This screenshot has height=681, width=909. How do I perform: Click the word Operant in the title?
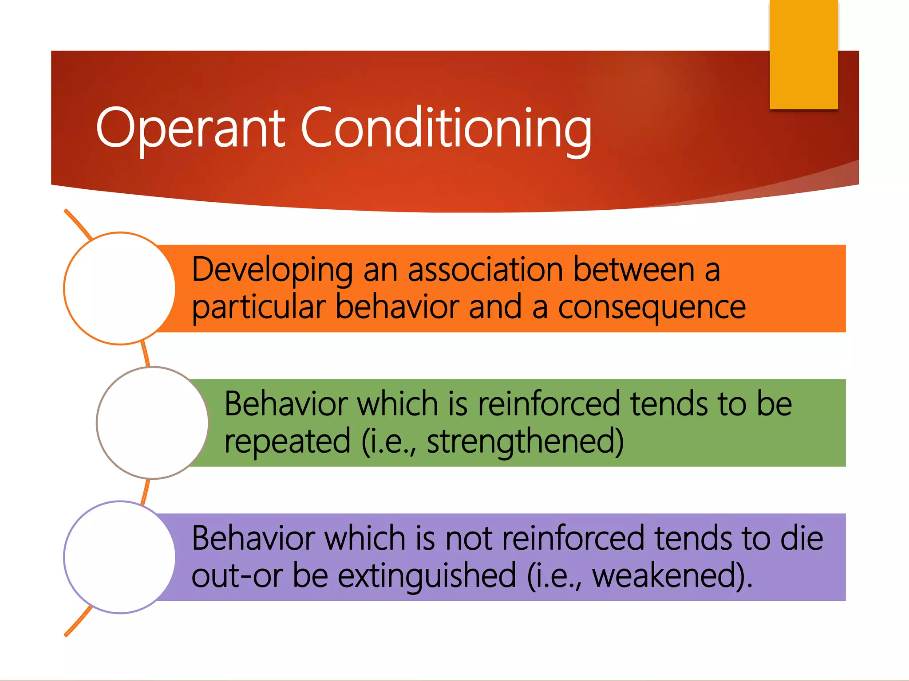[190, 129]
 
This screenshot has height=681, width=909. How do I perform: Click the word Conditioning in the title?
[446, 129]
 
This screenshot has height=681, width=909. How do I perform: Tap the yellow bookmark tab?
[803, 54]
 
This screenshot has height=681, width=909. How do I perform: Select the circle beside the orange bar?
[120, 288]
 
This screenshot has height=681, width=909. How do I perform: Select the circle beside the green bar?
[153, 423]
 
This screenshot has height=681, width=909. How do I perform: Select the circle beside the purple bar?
[120, 557]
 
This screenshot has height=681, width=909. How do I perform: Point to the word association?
[485, 270]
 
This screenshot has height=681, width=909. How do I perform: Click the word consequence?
[652, 308]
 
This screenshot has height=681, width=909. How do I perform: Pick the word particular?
[259, 308]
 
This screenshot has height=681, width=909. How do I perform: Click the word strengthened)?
[525, 442]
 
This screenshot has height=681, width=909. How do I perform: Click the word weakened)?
[672, 575]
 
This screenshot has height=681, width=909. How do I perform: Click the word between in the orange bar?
[634, 270]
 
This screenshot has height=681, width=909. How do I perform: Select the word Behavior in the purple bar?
[253, 538]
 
